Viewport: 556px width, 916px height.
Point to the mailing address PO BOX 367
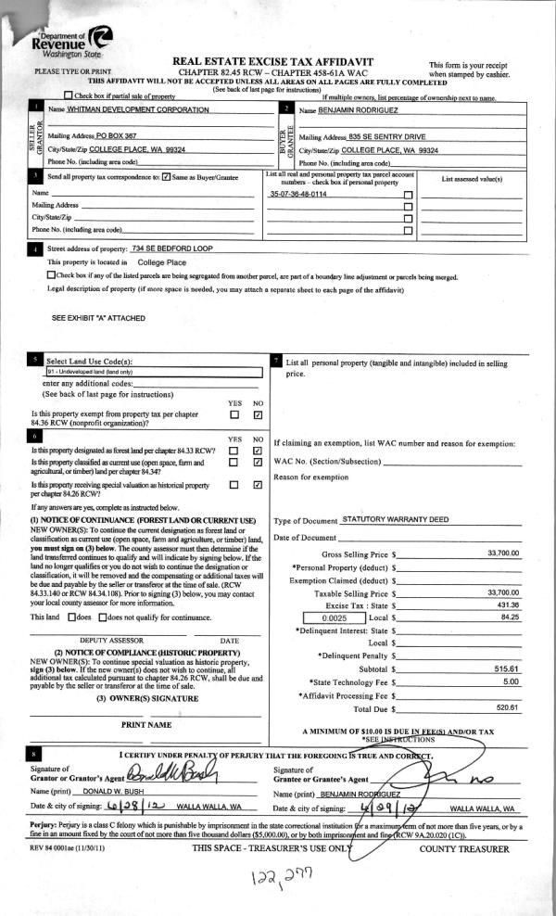(122, 135)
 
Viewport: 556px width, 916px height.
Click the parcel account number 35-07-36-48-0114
(298, 194)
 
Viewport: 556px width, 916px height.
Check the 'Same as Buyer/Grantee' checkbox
(166, 176)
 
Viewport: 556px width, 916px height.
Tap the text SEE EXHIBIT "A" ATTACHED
(98, 317)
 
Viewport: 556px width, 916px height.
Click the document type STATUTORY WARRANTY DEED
(396, 520)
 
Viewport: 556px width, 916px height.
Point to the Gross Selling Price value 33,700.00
(503, 553)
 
